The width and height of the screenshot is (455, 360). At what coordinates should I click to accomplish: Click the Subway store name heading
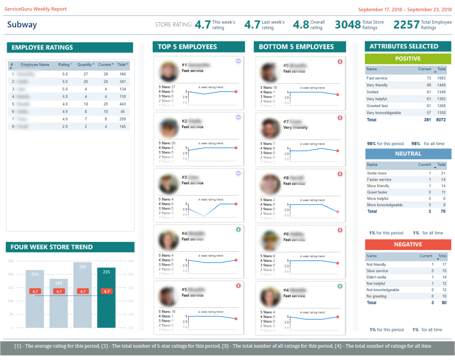[22, 25]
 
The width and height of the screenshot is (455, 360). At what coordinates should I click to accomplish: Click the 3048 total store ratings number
[347, 25]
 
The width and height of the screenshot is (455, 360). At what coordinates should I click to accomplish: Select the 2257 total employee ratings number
[406, 25]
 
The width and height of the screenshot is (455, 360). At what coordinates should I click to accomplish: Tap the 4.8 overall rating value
[300, 25]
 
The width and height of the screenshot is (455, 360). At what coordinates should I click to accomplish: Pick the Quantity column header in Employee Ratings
[85, 65]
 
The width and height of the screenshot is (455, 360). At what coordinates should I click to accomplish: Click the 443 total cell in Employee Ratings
[122, 104]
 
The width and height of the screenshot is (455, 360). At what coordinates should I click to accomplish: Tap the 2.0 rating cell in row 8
[65, 127]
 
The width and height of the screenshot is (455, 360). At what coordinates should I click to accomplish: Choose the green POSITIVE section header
[408, 59]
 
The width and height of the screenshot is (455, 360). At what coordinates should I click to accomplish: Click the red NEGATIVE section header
[408, 245]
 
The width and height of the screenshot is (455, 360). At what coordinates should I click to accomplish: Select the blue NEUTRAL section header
[408, 154]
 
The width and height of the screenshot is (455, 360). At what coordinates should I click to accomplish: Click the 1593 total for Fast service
[441, 78]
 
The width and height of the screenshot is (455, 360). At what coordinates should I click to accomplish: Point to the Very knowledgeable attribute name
[383, 113]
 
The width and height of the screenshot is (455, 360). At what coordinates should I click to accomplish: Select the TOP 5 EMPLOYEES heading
[187, 47]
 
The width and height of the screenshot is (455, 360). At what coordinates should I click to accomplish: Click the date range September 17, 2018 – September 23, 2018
[405, 9]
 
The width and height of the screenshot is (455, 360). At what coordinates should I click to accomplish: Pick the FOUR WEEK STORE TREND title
[52, 247]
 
